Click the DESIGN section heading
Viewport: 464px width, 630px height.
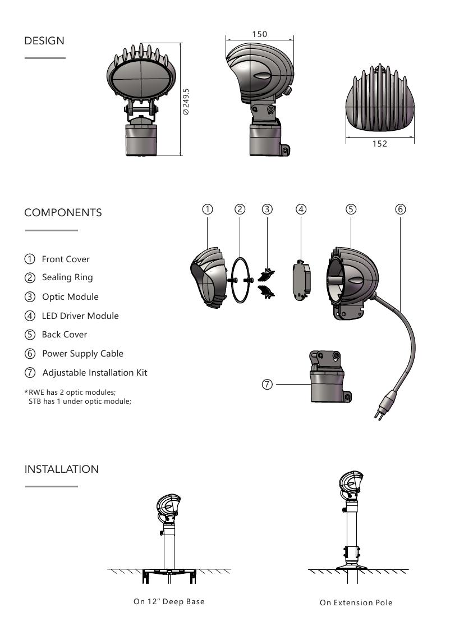[x=44, y=41]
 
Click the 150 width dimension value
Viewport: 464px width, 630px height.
[x=260, y=34]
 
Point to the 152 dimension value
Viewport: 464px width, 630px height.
[x=380, y=143]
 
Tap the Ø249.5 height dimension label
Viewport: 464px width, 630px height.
[x=186, y=102]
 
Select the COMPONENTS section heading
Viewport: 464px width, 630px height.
[x=63, y=213]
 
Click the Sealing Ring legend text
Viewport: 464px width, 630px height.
[x=67, y=277]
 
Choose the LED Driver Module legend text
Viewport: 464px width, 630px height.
[x=80, y=316]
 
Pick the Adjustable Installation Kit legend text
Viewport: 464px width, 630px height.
[x=95, y=372]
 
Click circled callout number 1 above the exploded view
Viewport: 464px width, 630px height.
[x=208, y=209]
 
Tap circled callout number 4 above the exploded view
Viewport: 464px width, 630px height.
[x=301, y=209]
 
